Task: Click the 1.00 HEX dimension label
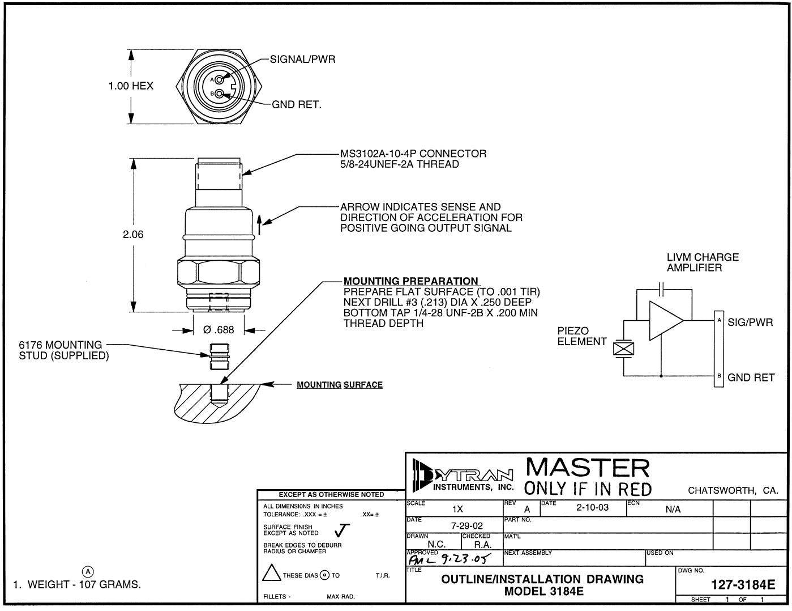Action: point(131,86)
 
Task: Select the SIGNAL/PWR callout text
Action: point(302,60)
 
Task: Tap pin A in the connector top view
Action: point(219,79)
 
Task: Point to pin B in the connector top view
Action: point(219,94)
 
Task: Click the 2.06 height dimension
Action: point(134,235)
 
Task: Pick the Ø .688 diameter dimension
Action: point(219,330)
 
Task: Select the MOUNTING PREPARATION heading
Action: point(410,281)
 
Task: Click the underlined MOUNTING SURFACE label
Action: point(340,385)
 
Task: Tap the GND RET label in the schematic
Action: point(751,377)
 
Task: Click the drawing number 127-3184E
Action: point(743,585)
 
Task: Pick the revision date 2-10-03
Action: point(592,507)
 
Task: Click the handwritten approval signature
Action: point(447,560)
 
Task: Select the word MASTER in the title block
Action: point(588,468)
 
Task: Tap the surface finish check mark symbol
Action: point(342,530)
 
